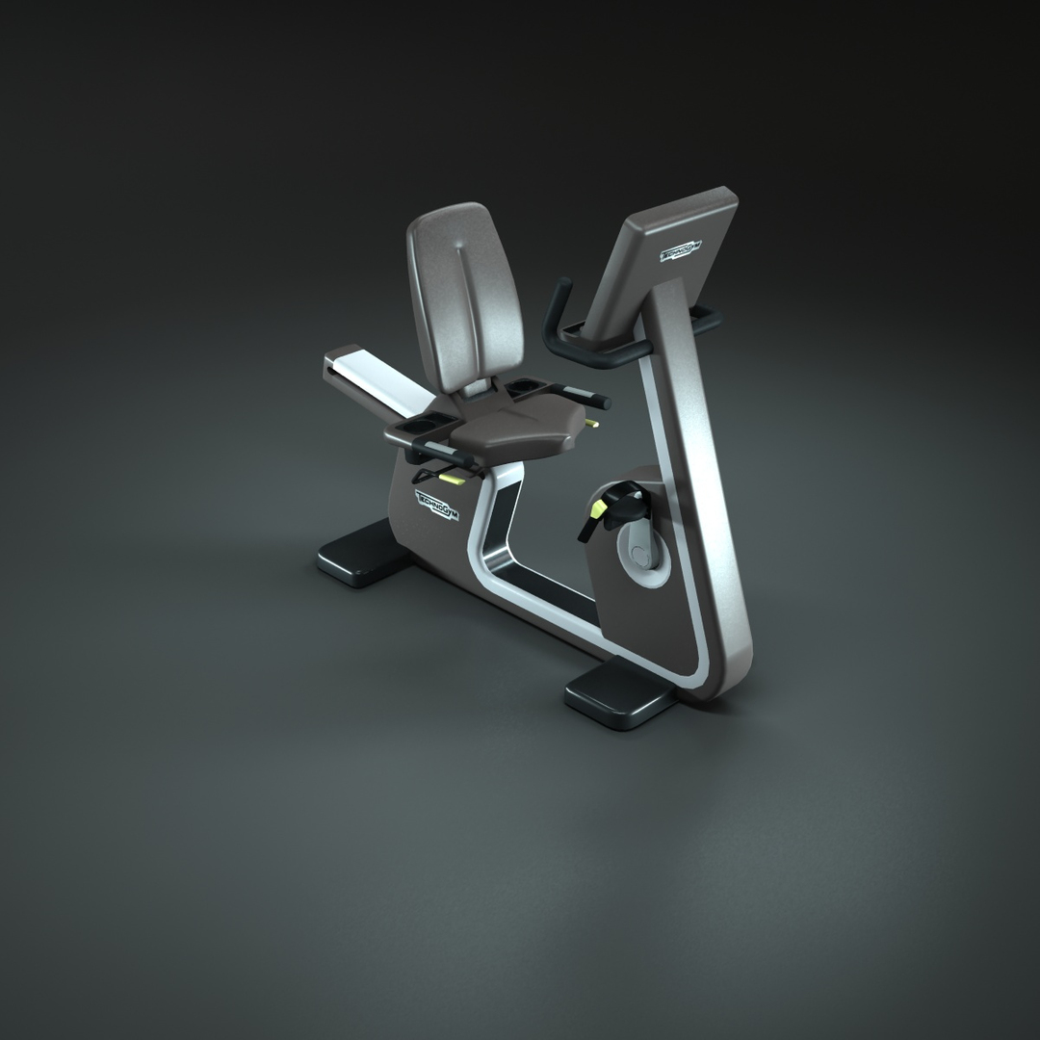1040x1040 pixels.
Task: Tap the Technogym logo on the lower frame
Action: coord(438,505)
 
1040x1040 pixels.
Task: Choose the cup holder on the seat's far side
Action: coord(526,385)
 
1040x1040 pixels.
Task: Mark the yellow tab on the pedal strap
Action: coord(597,511)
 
